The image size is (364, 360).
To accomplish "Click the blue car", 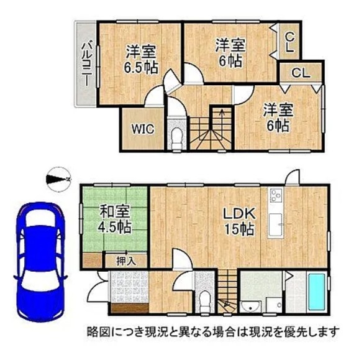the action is click(x=40, y=262).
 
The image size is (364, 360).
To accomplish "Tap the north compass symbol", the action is click(x=58, y=179).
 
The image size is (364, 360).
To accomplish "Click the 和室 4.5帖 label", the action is click(x=114, y=219).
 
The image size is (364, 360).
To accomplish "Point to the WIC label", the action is click(x=143, y=129).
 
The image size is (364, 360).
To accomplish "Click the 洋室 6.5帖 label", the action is click(x=140, y=59).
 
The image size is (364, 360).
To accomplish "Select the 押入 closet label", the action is click(x=126, y=262).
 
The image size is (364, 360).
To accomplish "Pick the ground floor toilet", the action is click(x=205, y=302).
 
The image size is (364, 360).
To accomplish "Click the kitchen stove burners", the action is click(x=276, y=195).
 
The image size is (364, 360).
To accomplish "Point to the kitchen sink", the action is click(x=276, y=224).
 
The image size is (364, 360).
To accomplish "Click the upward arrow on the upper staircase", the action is click(x=222, y=122).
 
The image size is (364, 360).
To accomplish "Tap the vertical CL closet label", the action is click(x=289, y=42).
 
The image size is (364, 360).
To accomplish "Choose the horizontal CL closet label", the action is click(x=301, y=73).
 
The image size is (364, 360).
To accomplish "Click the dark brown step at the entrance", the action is click(x=130, y=308).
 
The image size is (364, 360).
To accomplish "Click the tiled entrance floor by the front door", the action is click(x=130, y=287).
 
